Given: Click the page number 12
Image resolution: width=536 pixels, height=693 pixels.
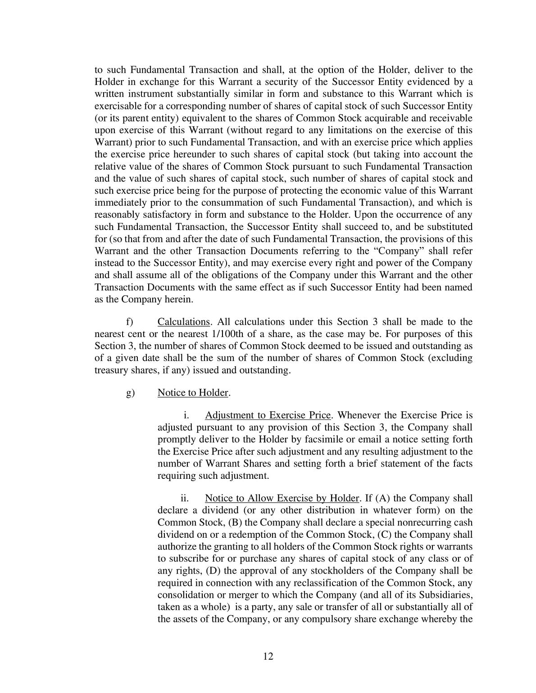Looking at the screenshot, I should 268,656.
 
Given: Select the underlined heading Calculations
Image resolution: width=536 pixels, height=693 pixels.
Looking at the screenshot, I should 184,322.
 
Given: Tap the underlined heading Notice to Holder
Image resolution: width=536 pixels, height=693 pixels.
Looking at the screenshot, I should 193,392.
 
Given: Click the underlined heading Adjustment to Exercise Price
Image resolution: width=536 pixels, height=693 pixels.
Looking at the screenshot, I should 268,415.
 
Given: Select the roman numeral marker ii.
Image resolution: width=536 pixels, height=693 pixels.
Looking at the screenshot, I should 184,498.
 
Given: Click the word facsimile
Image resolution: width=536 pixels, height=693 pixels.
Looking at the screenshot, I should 323,439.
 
